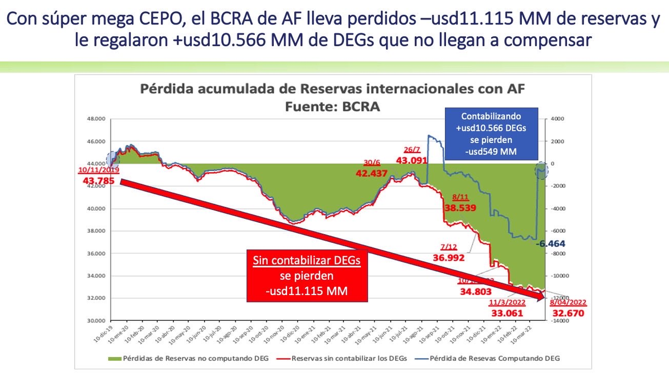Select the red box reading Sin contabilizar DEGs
pyautogui.click(x=307, y=276)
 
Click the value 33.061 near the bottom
pyautogui.click(x=505, y=312)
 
